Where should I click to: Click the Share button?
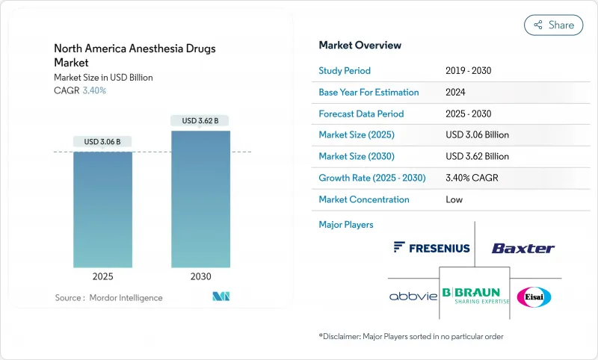pyautogui.click(x=553, y=25)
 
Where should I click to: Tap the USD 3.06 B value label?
pyautogui.click(x=102, y=142)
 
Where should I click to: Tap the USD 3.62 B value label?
pyautogui.click(x=200, y=121)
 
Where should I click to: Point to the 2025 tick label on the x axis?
pyautogui.click(x=102, y=276)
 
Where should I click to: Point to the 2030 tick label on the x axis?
pyautogui.click(x=200, y=276)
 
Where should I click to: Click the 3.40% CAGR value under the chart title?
pyautogui.click(x=93, y=90)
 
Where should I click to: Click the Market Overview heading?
pyautogui.click(x=360, y=46)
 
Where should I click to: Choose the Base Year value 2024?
pyautogui.click(x=455, y=93)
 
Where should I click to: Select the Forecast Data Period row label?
pyautogui.click(x=361, y=114)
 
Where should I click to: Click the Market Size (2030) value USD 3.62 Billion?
pyautogui.click(x=477, y=157)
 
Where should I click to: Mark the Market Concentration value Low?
pyautogui.click(x=454, y=199)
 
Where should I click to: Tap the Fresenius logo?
pyautogui.click(x=431, y=247)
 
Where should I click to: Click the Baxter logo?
pyautogui.click(x=523, y=248)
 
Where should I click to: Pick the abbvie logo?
pyautogui.click(x=413, y=297)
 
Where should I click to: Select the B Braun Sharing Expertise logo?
pyautogui.click(x=475, y=296)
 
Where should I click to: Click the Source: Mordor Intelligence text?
pyautogui.click(x=108, y=298)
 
